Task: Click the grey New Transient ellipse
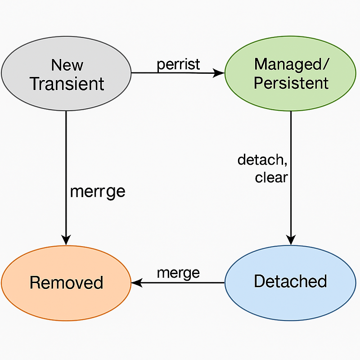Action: tap(66, 73)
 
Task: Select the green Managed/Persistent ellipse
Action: tap(290, 73)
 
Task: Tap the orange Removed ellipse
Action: tap(66, 283)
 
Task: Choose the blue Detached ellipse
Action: tap(290, 283)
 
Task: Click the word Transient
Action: tap(67, 84)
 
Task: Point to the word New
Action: tap(67, 65)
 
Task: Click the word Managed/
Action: tap(292, 64)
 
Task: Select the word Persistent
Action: tap(291, 83)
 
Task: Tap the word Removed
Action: tap(66, 283)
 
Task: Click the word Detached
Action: tap(290, 281)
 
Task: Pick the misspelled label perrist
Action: tap(178, 64)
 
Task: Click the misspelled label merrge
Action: tap(98, 192)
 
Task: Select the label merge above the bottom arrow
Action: tap(178, 274)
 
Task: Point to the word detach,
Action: tap(262, 160)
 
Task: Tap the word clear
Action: tap(271, 177)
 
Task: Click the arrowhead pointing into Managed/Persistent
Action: tap(219, 73)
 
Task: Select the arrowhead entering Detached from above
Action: tap(291, 240)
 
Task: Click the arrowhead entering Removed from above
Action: tap(66, 240)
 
